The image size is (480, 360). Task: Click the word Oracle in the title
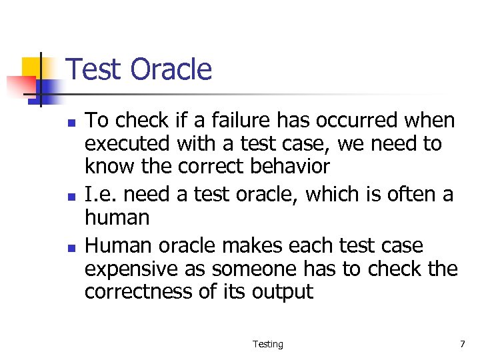[x=171, y=69]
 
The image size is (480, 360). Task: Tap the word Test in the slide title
[x=95, y=69]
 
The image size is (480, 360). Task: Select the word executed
[x=127, y=144]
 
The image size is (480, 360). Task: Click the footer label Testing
[x=267, y=344]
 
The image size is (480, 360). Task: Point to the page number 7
[x=462, y=344]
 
